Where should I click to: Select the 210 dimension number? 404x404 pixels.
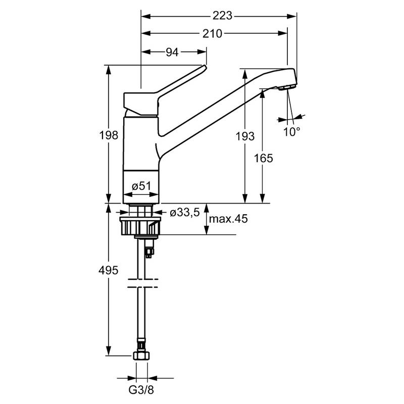(x=213, y=34)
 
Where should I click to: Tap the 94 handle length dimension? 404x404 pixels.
(x=173, y=52)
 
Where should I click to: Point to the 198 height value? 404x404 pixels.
(x=109, y=135)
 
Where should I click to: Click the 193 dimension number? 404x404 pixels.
(x=245, y=135)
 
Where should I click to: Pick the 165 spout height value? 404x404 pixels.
(x=263, y=158)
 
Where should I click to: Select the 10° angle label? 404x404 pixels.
(x=291, y=131)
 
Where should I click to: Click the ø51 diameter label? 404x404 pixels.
(x=142, y=186)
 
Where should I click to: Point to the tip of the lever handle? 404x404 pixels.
(x=204, y=67)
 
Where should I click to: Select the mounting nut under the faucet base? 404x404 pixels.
(x=140, y=225)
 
